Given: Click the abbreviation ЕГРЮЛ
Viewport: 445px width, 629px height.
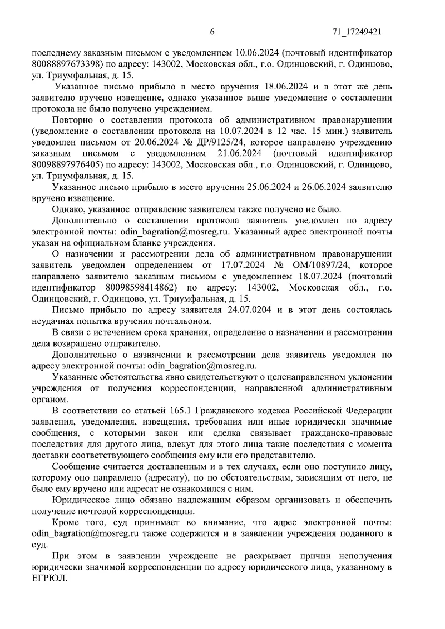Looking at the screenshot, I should click(50, 578).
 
